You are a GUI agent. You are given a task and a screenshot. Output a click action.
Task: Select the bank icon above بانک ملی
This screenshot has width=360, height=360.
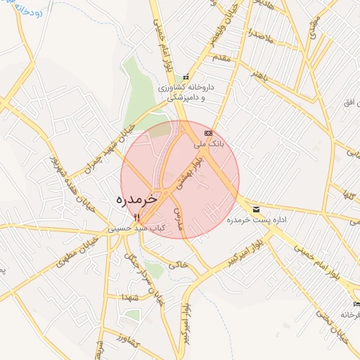tap(207, 132)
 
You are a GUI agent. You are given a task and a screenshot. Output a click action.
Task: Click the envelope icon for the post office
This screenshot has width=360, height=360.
tap(255, 210)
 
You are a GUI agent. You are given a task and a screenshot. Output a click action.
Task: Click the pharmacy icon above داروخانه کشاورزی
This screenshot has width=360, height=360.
tap(186, 77)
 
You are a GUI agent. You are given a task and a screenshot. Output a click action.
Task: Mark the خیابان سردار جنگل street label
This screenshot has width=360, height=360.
tap(151, 280)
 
